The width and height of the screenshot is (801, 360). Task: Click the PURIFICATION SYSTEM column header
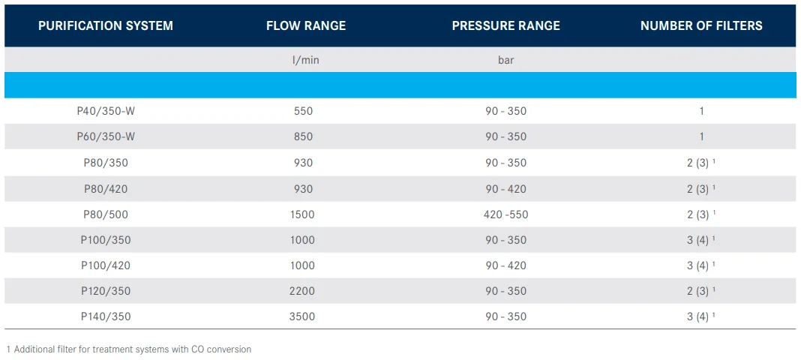coord(106,25)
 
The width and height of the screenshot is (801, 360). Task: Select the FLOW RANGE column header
coord(306,25)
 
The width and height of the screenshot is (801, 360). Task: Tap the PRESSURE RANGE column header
coord(505,25)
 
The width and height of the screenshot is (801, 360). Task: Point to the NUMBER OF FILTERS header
coord(701,25)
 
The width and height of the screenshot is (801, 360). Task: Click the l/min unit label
coord(306,60)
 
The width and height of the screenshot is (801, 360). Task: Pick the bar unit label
coord(505,60)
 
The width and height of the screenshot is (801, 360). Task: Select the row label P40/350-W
coord(106,111)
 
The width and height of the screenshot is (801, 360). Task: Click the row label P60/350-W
coord(106,136)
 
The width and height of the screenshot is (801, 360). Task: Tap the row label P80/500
coord(106,214)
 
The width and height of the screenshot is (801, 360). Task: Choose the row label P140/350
coord(106,316)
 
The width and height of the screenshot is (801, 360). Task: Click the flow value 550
coord(304,111)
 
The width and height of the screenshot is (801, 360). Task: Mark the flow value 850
coord(304,136)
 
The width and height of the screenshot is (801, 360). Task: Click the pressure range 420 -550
coord(505,214)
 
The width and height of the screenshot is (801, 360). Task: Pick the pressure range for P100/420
coord(505,265)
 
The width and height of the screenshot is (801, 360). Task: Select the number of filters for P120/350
coord(701,291)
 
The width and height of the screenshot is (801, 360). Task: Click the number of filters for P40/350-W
coord(702,111)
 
